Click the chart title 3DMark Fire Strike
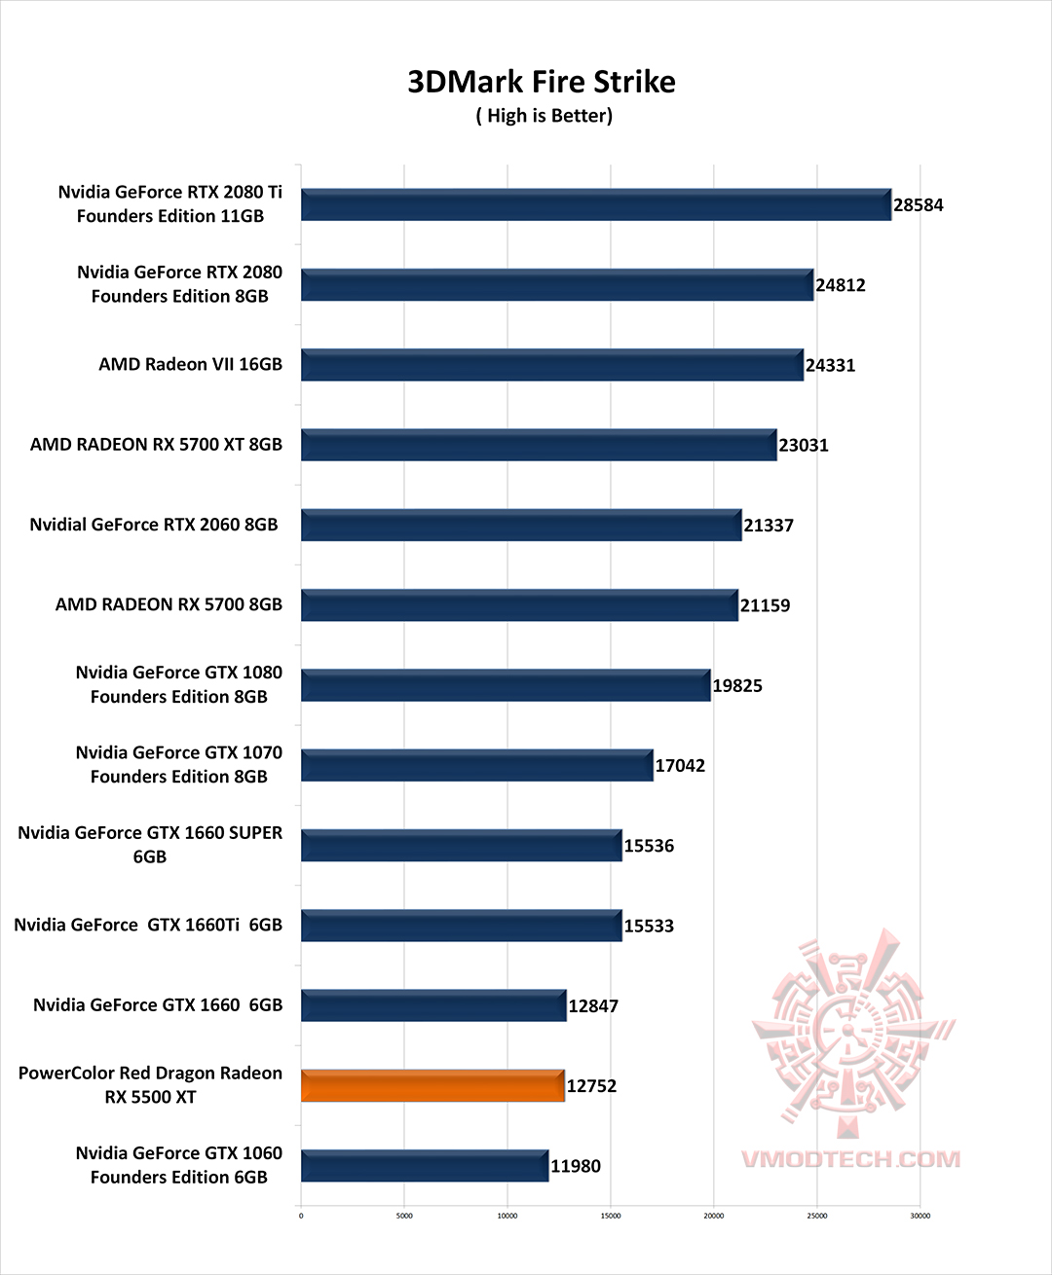(x=541, y=82)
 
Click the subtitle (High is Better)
(x=544, y=116)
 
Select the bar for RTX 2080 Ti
(x=595, y=205)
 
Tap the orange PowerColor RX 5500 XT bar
(x=432, y=1086)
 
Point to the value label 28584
(x=918, y=205)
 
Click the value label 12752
(x=591, y=1086)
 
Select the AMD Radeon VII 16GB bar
(x=551, y=365)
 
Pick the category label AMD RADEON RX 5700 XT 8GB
(x=156, y=445)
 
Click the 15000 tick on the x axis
(x=611, y=1216)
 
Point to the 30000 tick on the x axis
(x=920, y=1216)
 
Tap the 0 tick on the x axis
(x=301, y=1216)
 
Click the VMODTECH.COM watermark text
(x=850, y=1159)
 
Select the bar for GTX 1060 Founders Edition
(x=425, y=1166)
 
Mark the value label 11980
(x=576, y=1166)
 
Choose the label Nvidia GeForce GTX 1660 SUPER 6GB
(x=150, y=845)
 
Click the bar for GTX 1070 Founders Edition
(x=476, y=766)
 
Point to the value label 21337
(x=769, y=526)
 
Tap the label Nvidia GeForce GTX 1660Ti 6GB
(x=148, y=925)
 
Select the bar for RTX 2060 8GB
(x=521, y=526)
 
